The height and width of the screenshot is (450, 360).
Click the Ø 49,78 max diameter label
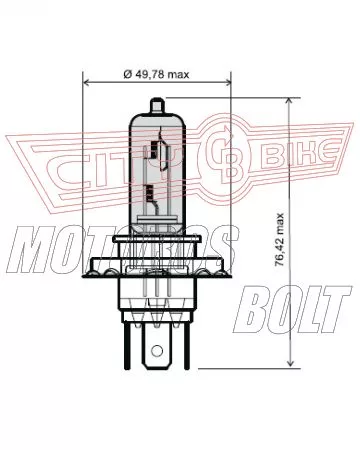[156, 74]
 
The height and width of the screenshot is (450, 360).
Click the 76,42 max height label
[279, 239]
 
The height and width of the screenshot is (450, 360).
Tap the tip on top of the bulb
[157, 105]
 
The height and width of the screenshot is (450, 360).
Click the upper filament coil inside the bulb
[154, 149]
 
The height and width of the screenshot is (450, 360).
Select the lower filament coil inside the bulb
[149, 192]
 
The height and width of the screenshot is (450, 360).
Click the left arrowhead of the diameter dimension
[87, 82]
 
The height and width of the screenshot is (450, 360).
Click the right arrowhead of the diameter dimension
[227, 82]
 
